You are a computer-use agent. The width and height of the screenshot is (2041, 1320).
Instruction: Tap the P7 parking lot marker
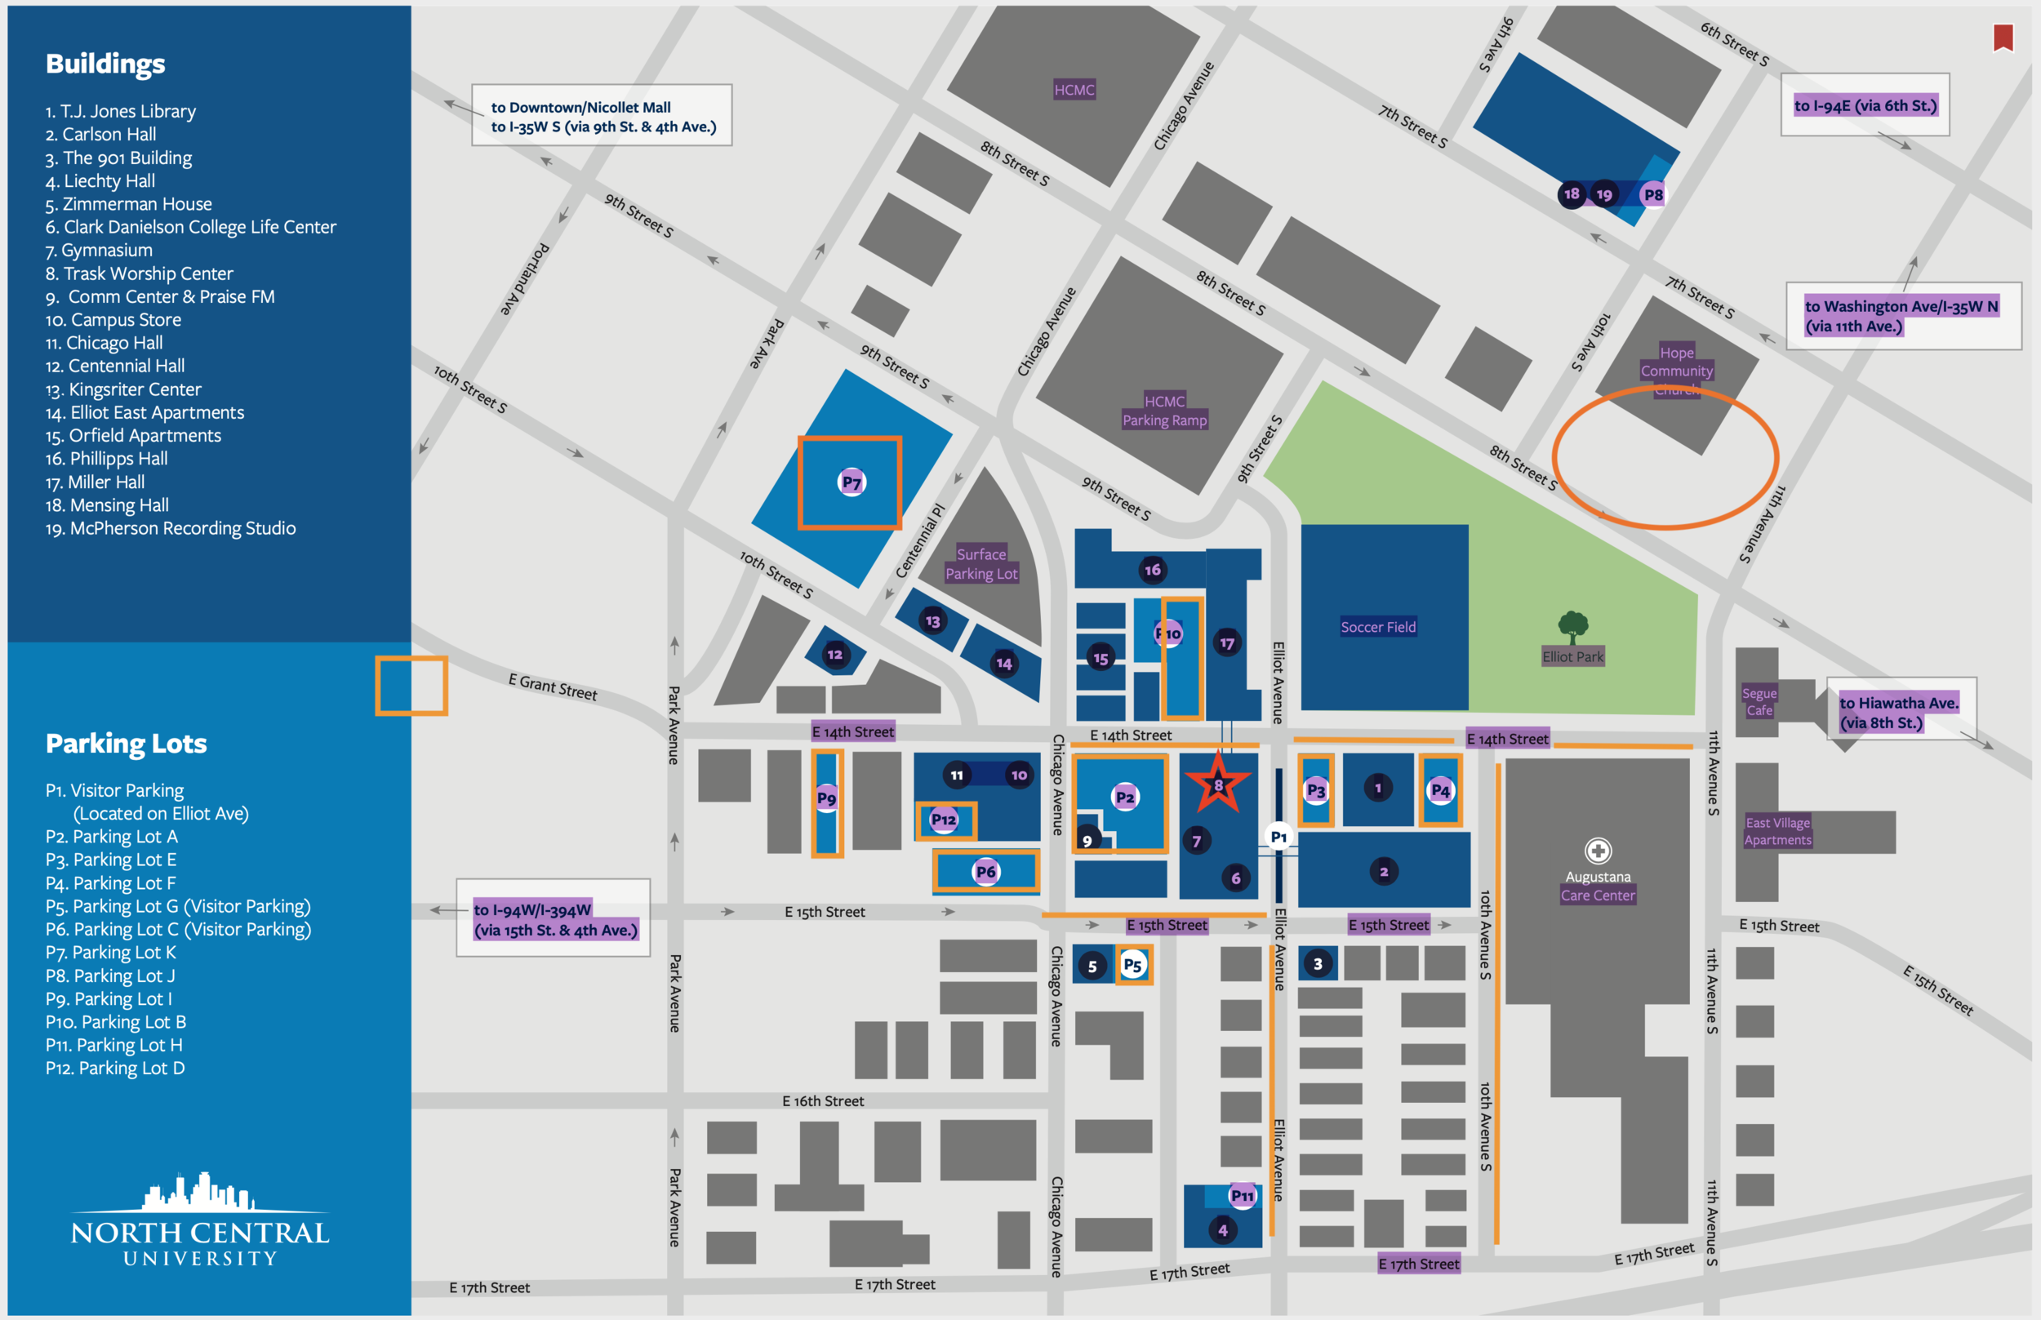coord(852,482)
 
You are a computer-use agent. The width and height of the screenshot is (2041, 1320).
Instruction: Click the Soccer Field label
coord(1377,628)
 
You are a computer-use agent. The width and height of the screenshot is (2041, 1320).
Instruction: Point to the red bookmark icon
coord(2003,38)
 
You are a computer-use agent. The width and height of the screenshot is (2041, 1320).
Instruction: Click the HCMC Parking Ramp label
coord(1164,411)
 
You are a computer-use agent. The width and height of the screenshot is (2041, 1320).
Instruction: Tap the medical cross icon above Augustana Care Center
coord(1597,851)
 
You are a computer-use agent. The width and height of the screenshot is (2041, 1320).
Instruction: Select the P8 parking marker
coord(1652,194)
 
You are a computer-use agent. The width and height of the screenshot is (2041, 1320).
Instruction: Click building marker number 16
coord(1153,569)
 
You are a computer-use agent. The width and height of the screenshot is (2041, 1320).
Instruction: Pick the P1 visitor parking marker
coord(1278,837)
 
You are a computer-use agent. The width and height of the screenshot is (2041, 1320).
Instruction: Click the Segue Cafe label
coord(1759,701)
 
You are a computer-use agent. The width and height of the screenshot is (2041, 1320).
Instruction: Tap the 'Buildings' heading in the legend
coord(105,64)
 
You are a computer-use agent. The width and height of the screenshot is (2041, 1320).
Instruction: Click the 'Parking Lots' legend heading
coord(126,743)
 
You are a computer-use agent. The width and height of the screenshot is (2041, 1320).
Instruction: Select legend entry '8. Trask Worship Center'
coord(139,273)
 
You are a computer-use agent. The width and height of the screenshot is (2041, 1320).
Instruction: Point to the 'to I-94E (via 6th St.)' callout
coord(1865,105)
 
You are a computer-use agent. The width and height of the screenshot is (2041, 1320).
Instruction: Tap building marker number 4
coord(1222,1230)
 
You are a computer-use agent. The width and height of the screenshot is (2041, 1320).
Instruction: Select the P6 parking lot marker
coord(985,872)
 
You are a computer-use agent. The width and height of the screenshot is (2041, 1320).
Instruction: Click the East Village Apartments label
coord(1778,830)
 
